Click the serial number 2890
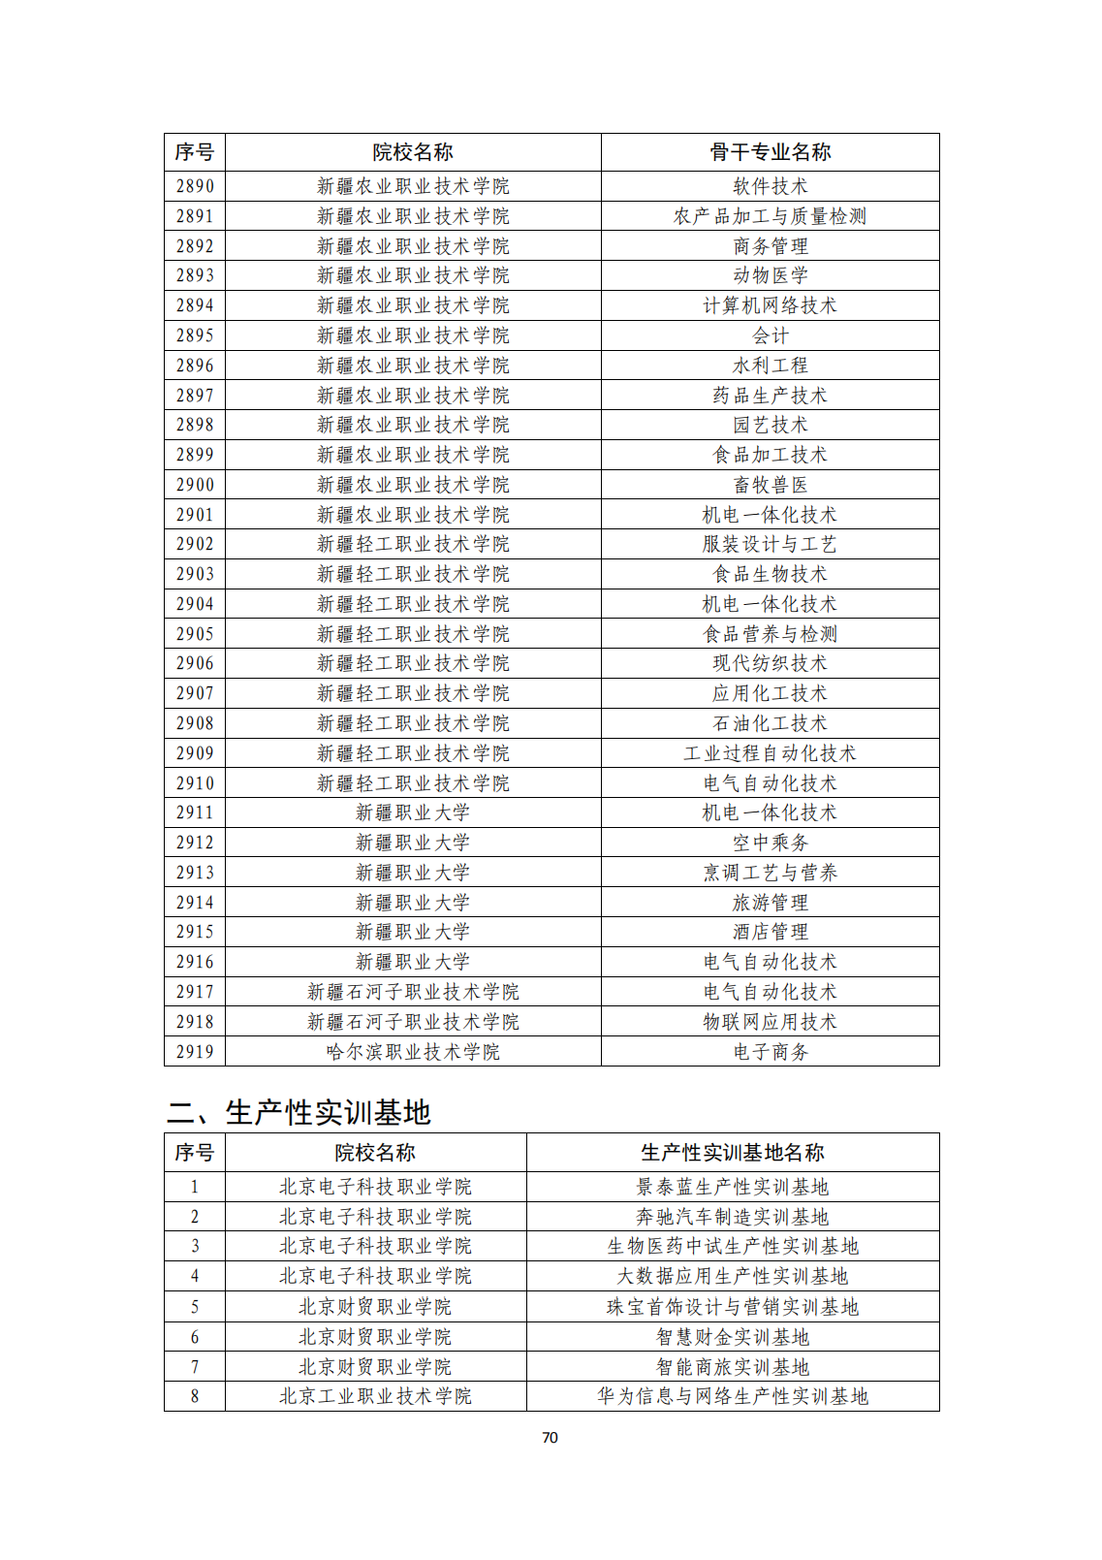click(195, 186)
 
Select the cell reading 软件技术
click(770, 186)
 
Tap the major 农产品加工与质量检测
click(770, 216)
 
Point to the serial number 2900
click(195, 485)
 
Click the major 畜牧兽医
click(770, 485)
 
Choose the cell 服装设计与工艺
click(770, 544)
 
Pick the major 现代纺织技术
click(770, 663)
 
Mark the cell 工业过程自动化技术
click(770, 753)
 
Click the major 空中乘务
click(770, 843)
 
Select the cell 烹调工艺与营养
click(770, 873)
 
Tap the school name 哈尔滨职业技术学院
click(413, 1052)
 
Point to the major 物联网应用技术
click(770, 1022)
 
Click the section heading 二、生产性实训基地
click(299, 1112)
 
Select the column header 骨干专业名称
click(770, 152)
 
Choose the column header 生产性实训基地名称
click(732, 1153)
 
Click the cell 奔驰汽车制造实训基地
click(732, 1217)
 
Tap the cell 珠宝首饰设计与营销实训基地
click(732, 1307)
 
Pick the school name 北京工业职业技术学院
click(375, 1396)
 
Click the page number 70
click(550, 1438)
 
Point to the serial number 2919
click(195, 1052)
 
